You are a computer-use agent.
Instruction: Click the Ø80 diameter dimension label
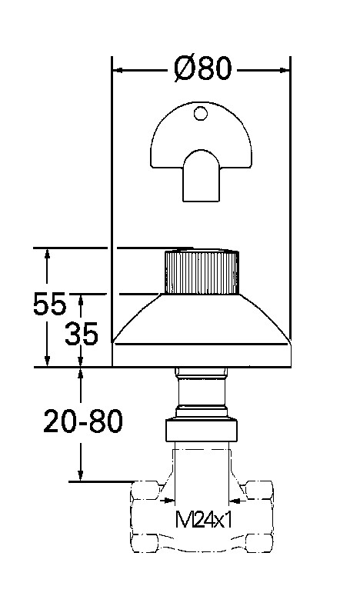tap(202, 68)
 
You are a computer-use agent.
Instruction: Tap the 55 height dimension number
tap(49, 304)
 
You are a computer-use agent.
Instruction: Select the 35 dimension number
tap(82, 334)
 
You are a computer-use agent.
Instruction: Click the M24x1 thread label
tap(204, 519)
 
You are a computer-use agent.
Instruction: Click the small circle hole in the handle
tap(200, 113)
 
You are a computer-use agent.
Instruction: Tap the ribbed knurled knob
tap(202, 271)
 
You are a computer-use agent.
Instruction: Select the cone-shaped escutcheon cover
tap(201, 330)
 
